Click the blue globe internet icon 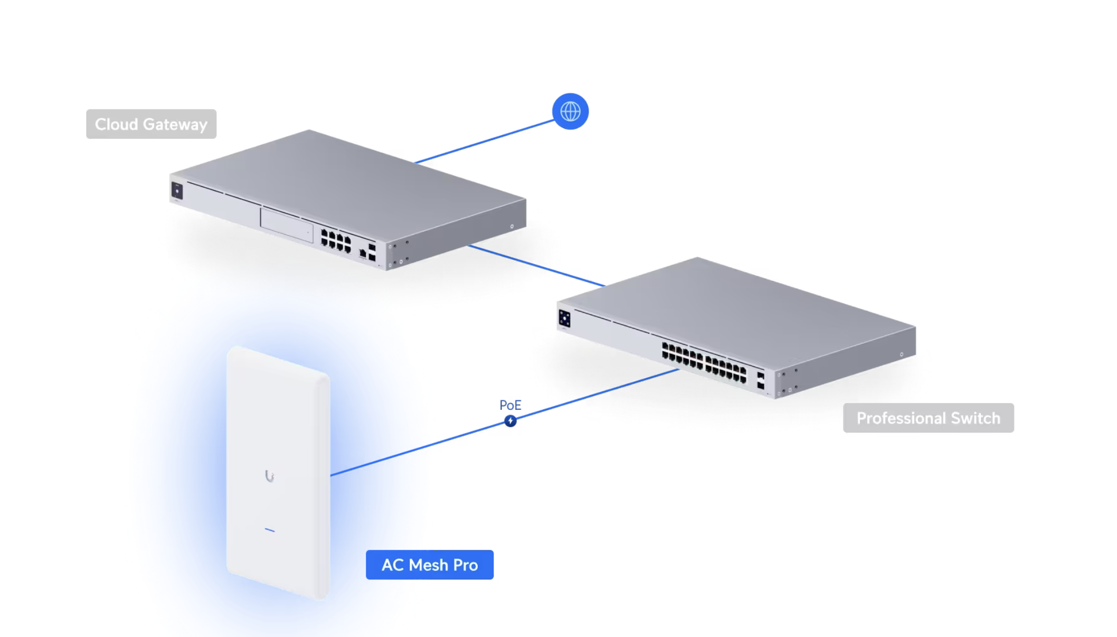pos(570,111)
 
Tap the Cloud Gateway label pos(151,124)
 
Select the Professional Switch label pos(928,418)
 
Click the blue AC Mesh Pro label pos(430,565)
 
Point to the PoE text pos(510,405)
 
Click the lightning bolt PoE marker pos(510,421)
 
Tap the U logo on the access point pos(269,476)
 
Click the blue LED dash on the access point pos(269,530)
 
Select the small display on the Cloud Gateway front pos(177,191)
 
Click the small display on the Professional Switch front pos(564,318)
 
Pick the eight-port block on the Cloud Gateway pos(336,241)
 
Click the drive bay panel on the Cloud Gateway pos(286,225)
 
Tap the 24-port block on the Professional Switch pos(704,362)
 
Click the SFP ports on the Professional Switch pos(761,381)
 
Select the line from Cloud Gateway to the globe pos(484,142)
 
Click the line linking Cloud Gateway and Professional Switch pos(536,266)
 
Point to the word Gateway pos(175,125)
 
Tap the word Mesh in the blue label pos(429,565)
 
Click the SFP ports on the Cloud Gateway pos(372,252)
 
